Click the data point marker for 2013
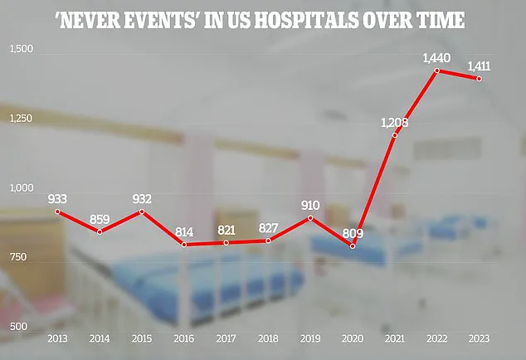coord(57,212)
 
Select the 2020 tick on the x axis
coord(352,339)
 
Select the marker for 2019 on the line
coord(310,218)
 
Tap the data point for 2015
coord(141,212)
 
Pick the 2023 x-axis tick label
coord(479,339)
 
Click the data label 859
coord(100,221)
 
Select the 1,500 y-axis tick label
coord(21,51)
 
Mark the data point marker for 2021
coord(394,135)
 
